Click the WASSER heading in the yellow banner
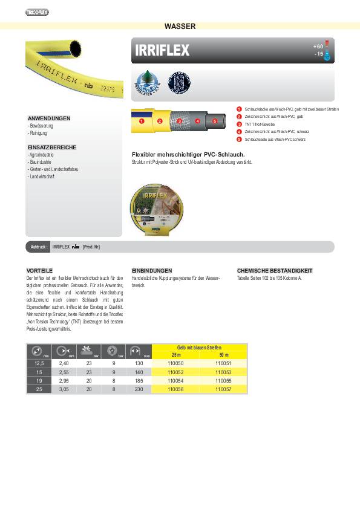click(x=180, y=26)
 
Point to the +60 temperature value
click(x=318, y=46)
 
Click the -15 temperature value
click(x=319, y=54)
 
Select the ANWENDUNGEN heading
click(x=49, y=118)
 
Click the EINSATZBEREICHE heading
click(x=51, y=148)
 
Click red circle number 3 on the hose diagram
click(x=180, y=122)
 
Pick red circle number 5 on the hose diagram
click(x=215, y=122)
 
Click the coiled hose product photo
click(x=159, y=203)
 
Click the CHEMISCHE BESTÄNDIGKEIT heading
click(x=275, y=270)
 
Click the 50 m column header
click(x=224, y=355)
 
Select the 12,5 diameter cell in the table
click(x=39, y=364)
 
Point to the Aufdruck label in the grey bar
click(x=39, y=247)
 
